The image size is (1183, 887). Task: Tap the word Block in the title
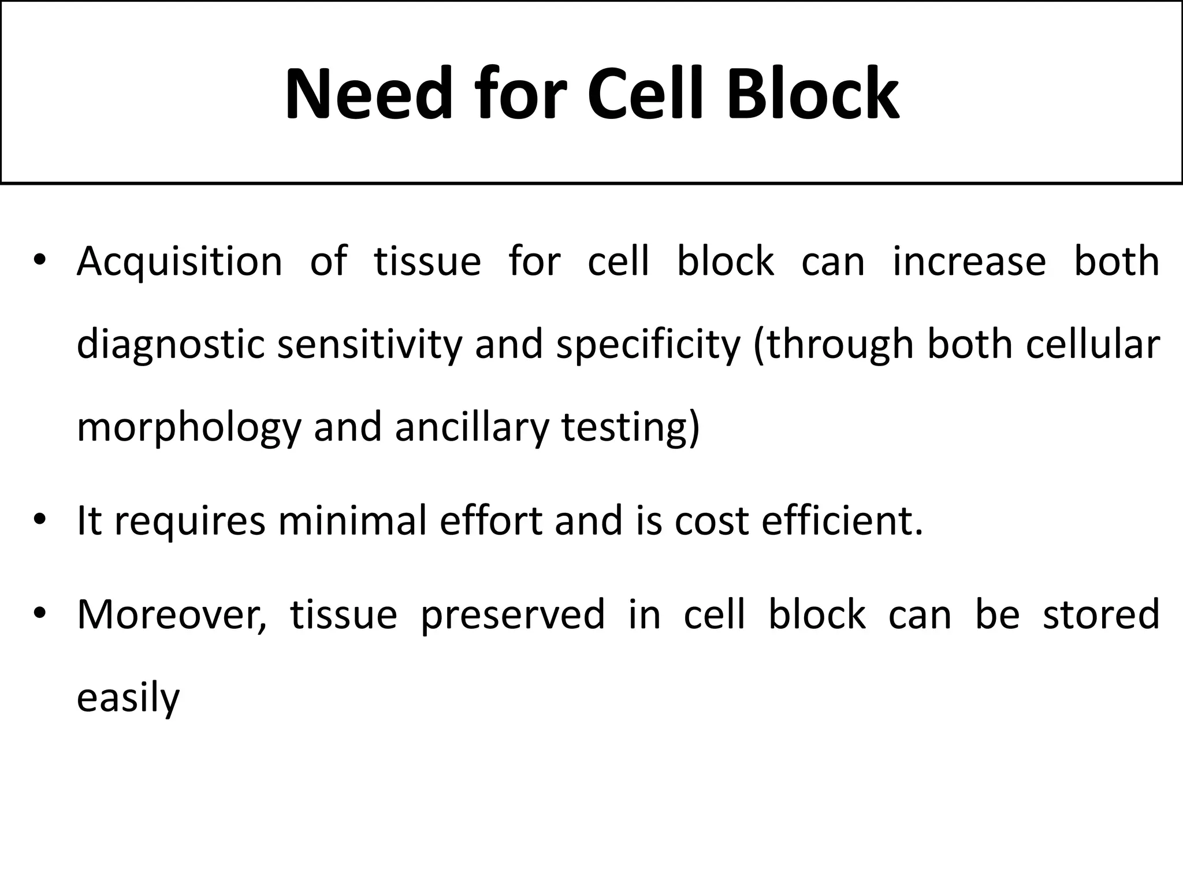click(x=812, y=94)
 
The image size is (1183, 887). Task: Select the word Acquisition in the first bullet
click(x=180, y=262)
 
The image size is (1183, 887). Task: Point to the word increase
click(x=969, y=262)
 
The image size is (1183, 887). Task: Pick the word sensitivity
click(x=370, y=345)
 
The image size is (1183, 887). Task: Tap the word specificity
click(x=648, y=345)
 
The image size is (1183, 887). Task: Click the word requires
click(x=190, y=520)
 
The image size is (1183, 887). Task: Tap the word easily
click(x=128, y=698)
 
